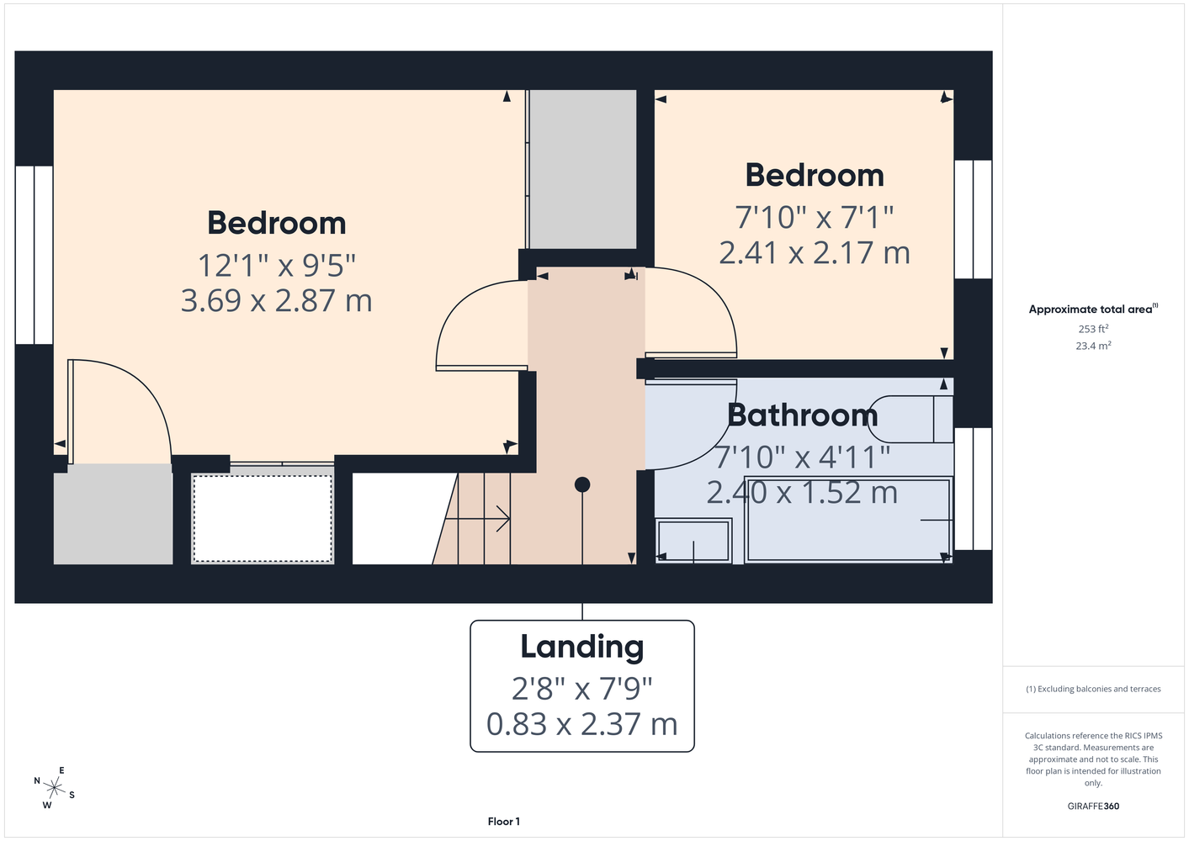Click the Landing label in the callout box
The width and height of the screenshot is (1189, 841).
pos(581,648)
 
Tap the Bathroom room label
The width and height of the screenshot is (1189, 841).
pos(802,415)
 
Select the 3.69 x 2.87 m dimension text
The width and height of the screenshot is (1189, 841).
pos(276,300)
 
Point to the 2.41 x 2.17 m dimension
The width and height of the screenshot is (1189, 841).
pos(815,252)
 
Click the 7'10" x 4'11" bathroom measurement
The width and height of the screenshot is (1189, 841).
pos(802,457)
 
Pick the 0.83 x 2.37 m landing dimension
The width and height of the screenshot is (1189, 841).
pos(581,724)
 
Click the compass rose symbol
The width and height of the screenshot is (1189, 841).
pos(54,788)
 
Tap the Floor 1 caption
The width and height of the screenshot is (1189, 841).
pos(504,822)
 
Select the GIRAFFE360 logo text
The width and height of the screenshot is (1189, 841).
pos(1093,806)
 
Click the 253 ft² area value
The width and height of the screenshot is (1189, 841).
pos(1093,329)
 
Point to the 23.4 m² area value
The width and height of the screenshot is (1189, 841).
pos(1093,346)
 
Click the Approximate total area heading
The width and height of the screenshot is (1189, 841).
pos(1093,309)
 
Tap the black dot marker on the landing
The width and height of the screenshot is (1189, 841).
pos(582,484)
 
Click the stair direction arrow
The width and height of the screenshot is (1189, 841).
pos(477,518)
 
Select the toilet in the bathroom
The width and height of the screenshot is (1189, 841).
pos(912,419)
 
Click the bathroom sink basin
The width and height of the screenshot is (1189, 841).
pos(693,541)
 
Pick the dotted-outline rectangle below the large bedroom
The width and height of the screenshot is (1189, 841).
pos(263,518)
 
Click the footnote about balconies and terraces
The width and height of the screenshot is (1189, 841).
pos(1093,689)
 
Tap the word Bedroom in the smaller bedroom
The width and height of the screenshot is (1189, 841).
pos(815,175)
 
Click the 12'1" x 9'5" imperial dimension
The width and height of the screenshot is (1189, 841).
pos(276,265)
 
